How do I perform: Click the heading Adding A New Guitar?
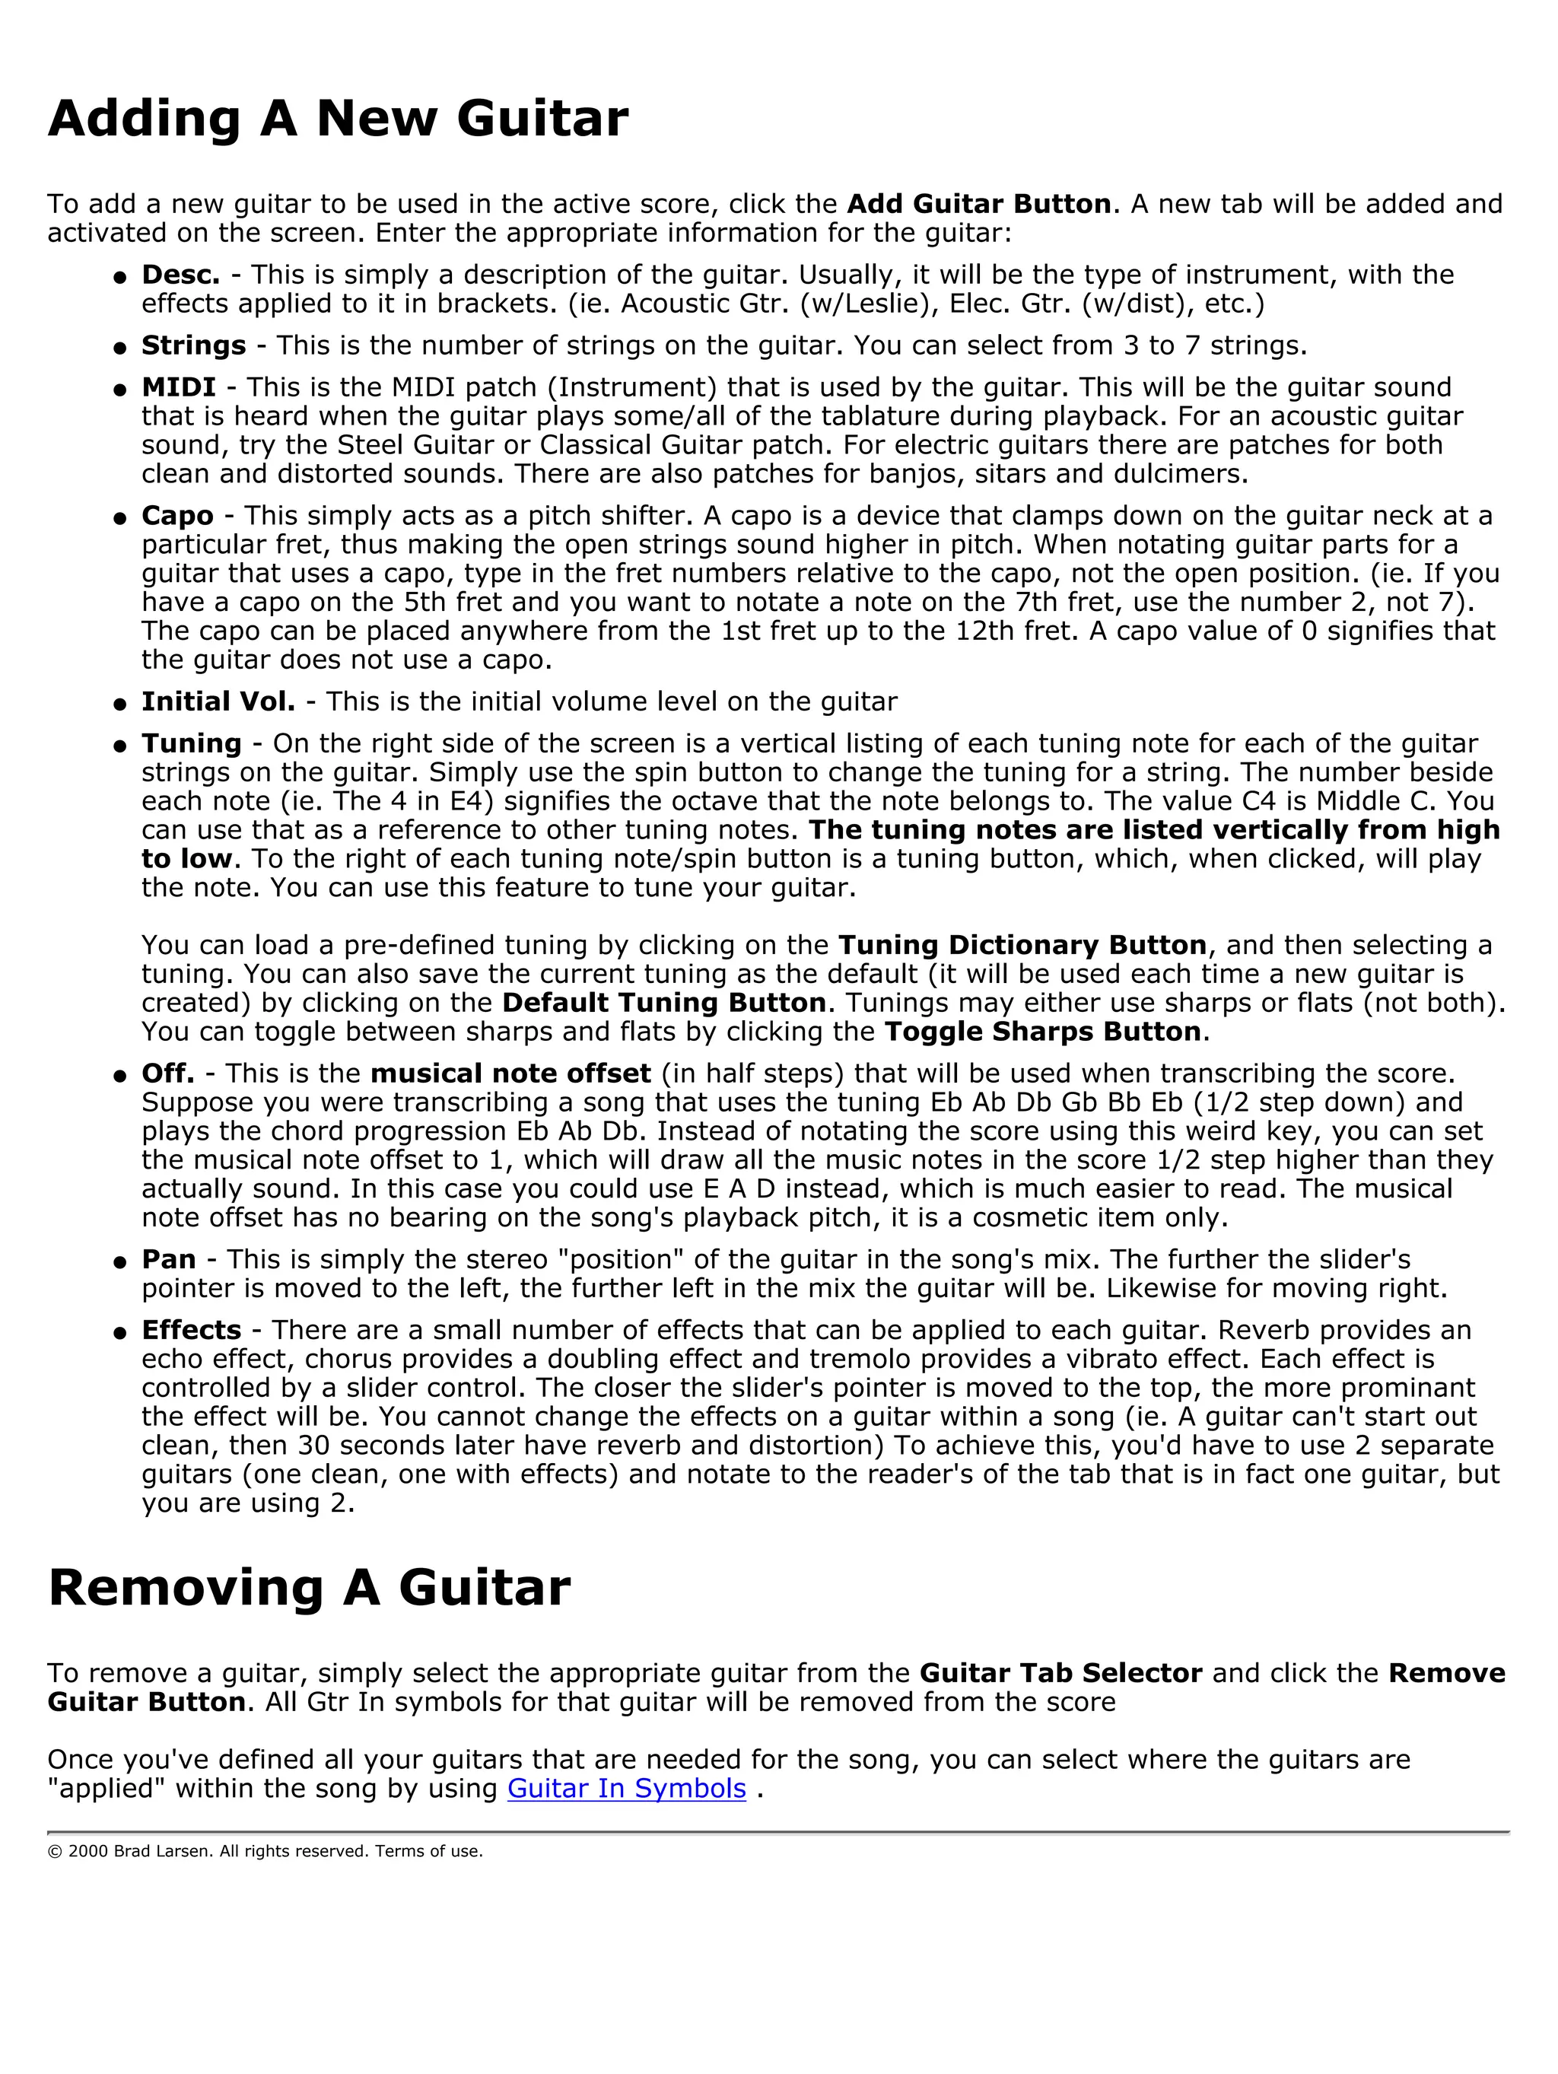pos(338,119)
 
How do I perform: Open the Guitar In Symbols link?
pos(626,1788)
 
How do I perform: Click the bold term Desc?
pos(180,275)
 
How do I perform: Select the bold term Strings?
pos(193,345)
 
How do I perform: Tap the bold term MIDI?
pos(178,387)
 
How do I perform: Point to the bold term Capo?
pos(177,516)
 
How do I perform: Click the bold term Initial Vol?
pos(218,701)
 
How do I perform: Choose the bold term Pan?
pos(169,1259)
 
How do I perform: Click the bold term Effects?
pos(191,1329)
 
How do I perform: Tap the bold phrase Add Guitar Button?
pos(978,203)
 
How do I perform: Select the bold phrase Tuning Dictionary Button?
pos(1022,944)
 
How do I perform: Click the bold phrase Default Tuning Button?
pos(663,1002)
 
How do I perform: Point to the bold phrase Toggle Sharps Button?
pos(1042,1032)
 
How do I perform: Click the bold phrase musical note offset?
pos(510,1073)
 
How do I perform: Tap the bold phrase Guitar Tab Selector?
pos(1060,1673)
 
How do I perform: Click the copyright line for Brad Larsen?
pos(265,1851)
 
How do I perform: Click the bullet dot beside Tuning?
pos(120,746)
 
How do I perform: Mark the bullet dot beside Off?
pos(120,1077)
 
